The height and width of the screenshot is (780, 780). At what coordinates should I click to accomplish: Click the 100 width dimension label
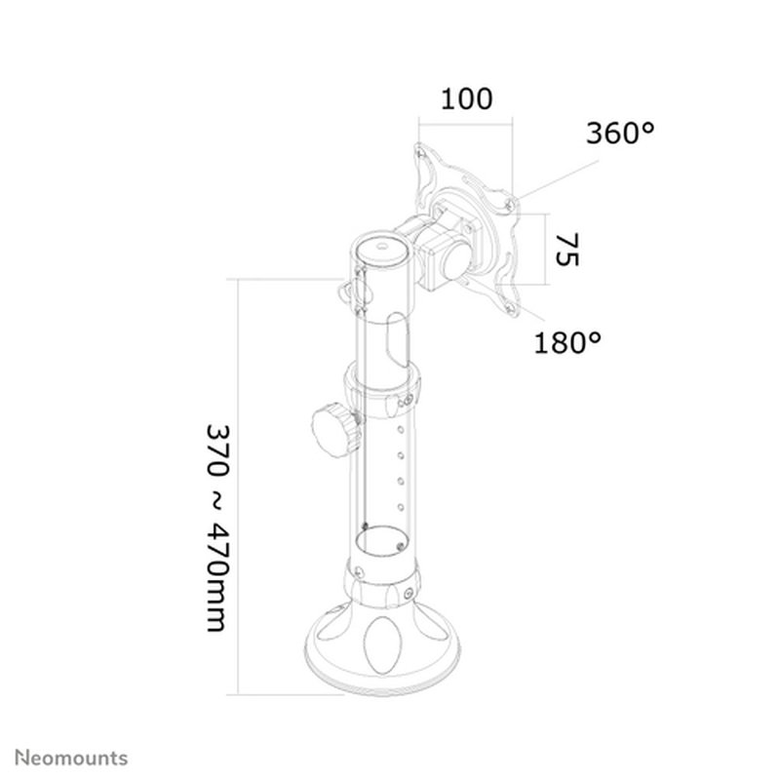(466, 99)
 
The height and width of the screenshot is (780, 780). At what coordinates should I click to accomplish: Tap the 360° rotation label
(620, 135)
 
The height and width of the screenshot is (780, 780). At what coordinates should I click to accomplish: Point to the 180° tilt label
(567, 342)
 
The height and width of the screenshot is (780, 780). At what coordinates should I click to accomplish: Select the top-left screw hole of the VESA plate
(420, 152)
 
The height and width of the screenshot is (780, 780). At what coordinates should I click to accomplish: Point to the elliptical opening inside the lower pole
(379, 538)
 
